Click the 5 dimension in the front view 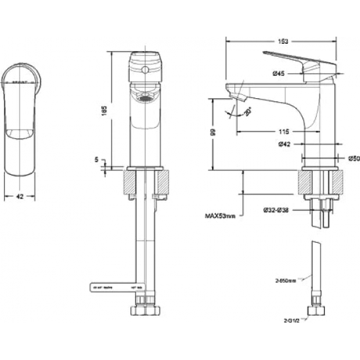96,158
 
